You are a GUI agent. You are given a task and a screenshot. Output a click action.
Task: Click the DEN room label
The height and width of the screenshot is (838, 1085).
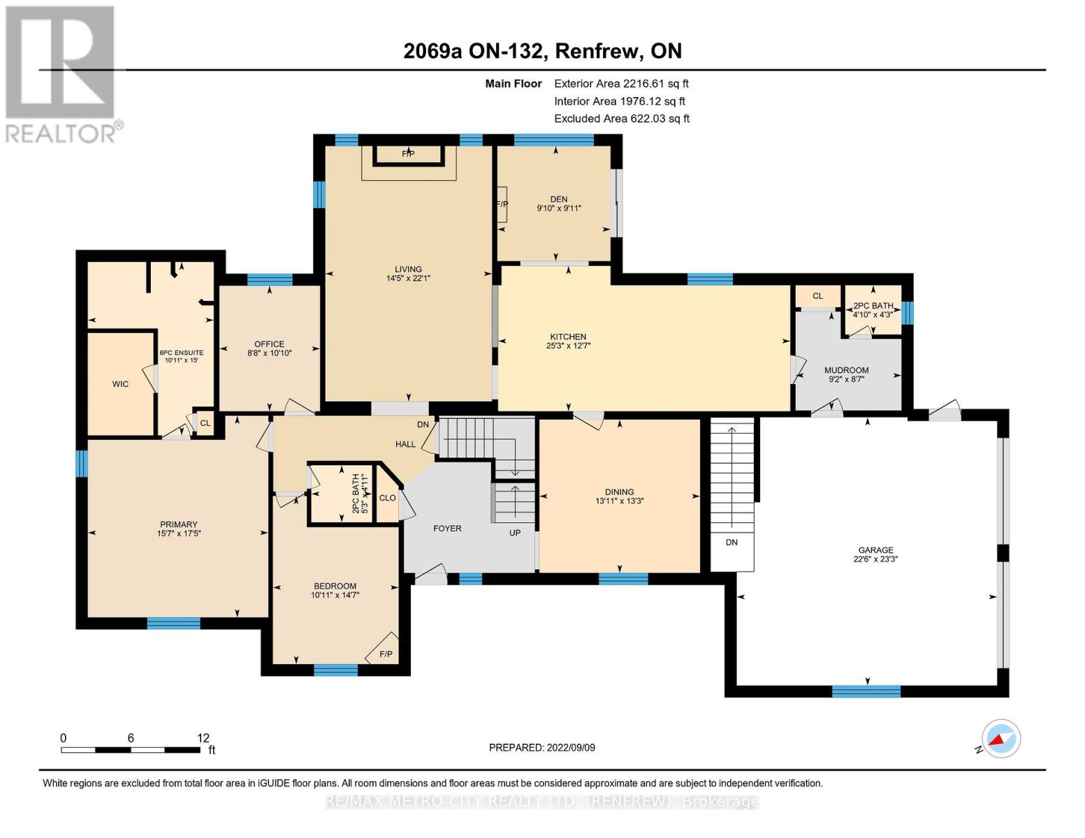point(559,199)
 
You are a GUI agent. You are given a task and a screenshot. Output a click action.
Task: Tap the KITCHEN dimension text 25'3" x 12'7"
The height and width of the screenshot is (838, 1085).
point(568,346)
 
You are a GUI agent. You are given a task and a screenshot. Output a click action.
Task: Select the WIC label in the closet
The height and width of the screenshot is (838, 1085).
point(120,384)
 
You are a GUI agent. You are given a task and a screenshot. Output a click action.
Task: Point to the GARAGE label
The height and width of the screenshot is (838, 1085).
point(876,550)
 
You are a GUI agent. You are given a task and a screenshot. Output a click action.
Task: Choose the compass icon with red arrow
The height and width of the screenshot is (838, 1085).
point(1001,739)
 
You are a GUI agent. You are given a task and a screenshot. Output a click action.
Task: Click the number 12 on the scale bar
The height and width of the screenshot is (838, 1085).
point(203,737)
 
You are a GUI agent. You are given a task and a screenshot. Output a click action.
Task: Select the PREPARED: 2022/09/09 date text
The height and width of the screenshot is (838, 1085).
point(541,748)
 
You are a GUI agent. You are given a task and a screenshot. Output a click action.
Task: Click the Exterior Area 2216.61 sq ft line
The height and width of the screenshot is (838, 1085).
point(621,84)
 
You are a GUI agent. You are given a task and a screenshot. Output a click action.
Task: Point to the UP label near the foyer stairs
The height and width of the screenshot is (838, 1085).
point(515,533)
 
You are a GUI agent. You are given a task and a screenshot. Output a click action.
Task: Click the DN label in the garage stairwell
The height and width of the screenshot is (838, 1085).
point(731,542)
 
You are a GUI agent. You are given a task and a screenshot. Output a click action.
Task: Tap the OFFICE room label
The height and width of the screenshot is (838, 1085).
point(269,344)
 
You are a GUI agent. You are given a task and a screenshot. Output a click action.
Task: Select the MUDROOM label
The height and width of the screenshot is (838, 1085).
point(846,370)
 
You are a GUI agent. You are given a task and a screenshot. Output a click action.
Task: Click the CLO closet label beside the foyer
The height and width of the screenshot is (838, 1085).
point(388,498)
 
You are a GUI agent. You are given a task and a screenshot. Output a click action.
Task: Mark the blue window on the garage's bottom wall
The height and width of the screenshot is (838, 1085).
point(866,691)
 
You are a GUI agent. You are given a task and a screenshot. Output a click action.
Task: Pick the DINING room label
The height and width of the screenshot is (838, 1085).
point(619,492)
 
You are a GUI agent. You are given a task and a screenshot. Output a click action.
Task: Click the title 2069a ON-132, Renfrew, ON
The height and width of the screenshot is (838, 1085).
point(542,51)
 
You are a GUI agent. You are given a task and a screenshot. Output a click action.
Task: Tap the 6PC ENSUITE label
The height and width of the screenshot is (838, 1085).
point(182,353)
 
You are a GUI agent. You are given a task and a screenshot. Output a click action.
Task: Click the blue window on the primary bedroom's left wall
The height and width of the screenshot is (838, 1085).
point(81,463)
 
